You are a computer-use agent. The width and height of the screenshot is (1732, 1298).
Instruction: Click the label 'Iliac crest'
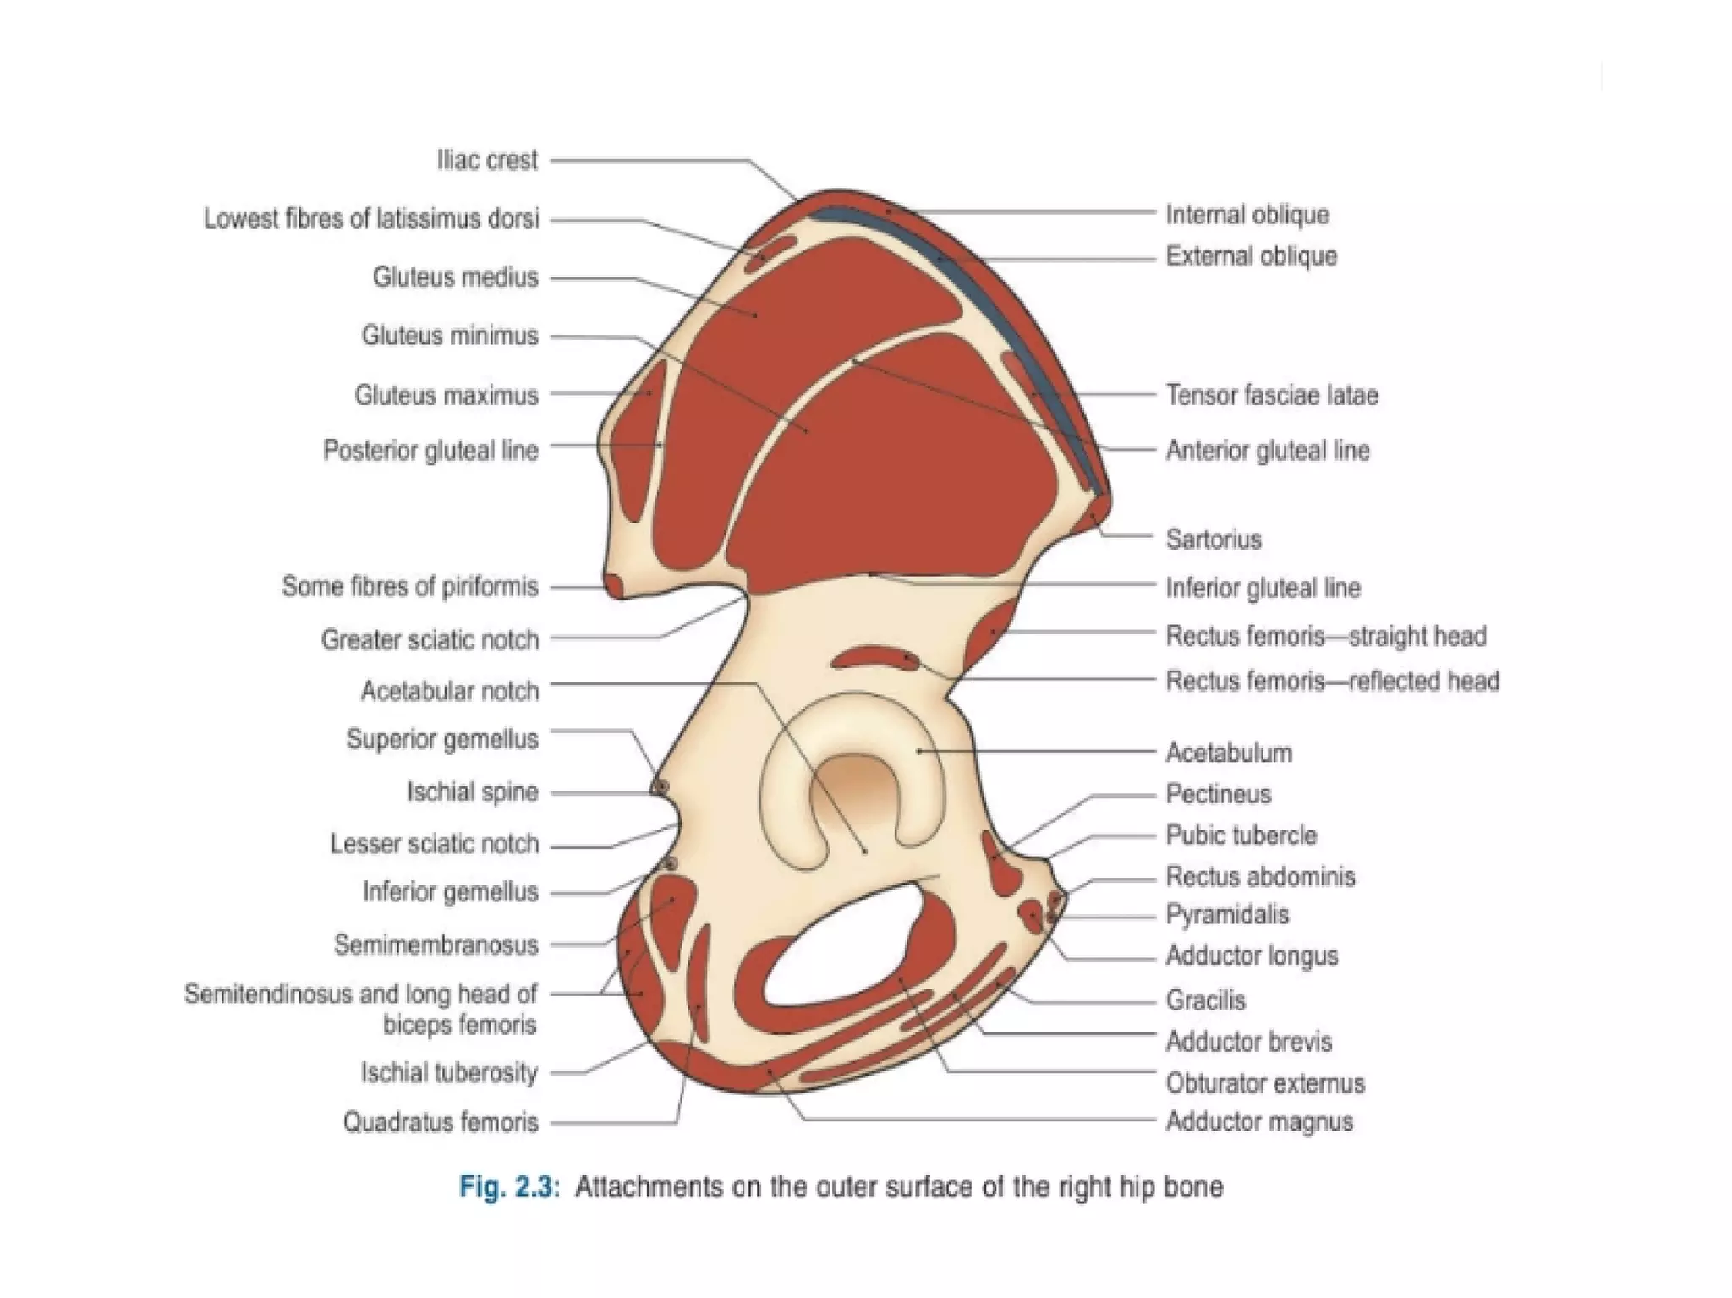[487, 160]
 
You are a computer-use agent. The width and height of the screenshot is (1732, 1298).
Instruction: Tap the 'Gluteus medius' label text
[455, 277]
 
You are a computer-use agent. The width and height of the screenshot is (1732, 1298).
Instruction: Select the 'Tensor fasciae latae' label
[1271, 395]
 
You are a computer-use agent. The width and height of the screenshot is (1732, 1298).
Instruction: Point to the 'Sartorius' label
[1213, 539]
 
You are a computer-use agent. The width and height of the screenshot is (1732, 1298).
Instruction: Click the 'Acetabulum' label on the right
[1228, 753]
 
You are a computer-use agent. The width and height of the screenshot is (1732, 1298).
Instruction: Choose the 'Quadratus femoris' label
[440, 1122]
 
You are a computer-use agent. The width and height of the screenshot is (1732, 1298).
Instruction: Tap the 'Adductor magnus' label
[1258, 1121]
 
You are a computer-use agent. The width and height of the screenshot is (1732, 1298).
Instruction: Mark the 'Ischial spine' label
[472, 792]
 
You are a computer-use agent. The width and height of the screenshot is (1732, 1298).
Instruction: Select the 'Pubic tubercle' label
[1241, 835]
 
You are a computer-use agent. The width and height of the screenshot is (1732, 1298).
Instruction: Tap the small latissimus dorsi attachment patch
[770, 252]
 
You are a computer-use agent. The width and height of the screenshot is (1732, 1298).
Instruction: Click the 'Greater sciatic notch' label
[429, 639]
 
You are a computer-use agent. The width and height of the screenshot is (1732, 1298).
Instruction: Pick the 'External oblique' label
[1251, 256]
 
